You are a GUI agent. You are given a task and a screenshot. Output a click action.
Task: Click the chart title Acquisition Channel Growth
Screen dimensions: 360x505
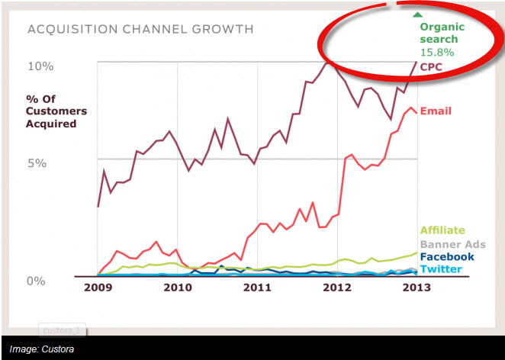coord(140,30)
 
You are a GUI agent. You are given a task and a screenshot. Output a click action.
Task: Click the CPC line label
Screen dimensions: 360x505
coord(432,67)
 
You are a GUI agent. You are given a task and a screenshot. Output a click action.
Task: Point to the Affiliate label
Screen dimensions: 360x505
coord(442,230)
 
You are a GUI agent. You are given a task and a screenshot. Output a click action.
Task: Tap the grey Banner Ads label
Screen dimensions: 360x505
coord(452,244)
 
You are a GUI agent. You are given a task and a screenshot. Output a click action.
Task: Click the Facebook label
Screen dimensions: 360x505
coord(447,257)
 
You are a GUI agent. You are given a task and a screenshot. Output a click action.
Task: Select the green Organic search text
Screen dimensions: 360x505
coord(439,33)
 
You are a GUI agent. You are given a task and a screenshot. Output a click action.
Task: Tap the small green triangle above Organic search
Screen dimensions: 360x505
coord(417,14)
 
